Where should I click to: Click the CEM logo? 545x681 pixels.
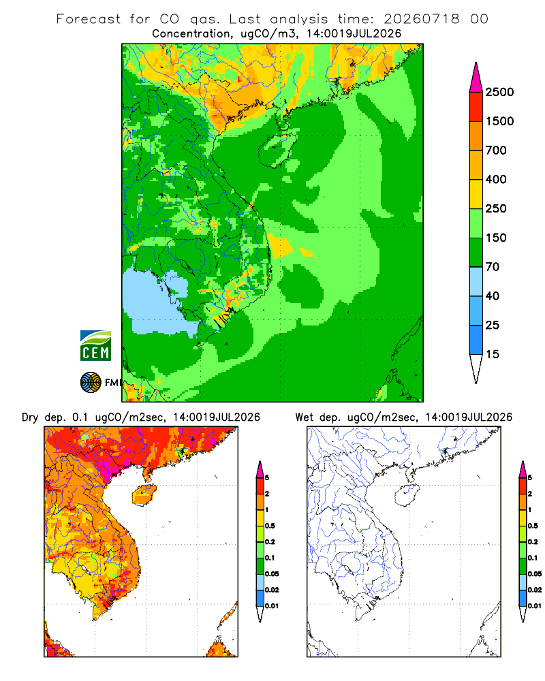(x=95, y=345)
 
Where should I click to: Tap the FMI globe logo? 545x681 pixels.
(x=91, y=383)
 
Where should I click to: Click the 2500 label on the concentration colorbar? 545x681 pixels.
(x=499, y=92)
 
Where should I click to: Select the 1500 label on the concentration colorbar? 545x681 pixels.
(x=499, y=121)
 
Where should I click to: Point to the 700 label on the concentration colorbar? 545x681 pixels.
(x=496, y=151)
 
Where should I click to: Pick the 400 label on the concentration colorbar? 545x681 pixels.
(x=496, y=179)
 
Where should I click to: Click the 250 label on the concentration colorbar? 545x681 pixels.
(x=496, y=208)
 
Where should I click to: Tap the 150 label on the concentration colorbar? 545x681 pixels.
(x=496, y=238)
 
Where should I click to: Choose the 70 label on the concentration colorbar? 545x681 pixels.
(x=493, y=267)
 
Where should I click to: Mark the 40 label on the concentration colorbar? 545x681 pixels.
(x=493, y=296)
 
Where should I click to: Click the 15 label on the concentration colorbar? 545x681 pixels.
(x=493, y=354)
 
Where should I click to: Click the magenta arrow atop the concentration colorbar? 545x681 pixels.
(x=476, y=78)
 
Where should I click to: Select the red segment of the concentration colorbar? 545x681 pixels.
(x=476, y=107)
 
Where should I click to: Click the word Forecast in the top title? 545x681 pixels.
(x=89, y=19)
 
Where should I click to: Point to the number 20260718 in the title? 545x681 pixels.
(x=421, y=19)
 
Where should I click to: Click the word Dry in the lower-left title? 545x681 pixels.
(x=30, y=417)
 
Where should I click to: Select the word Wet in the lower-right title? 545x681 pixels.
(x=305, y=417)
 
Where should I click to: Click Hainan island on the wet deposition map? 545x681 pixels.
(x=407, y=495)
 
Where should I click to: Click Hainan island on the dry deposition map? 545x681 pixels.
(x=144, y=495)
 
